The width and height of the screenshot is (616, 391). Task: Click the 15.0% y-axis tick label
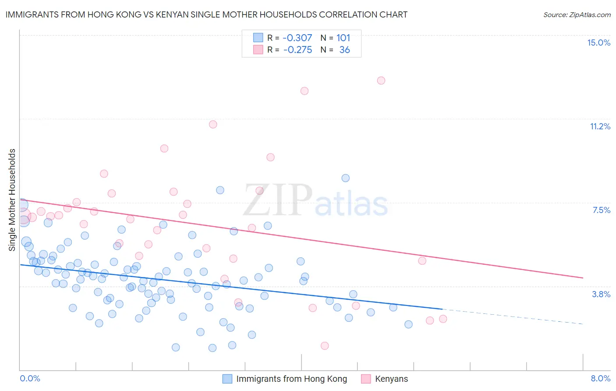click(x=598, y=43)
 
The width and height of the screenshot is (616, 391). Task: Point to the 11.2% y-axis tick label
click(x=600, y=126)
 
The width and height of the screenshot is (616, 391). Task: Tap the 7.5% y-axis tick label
click(x=601, y=210)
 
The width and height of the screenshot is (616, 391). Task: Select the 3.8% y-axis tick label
click(x=601, y=294)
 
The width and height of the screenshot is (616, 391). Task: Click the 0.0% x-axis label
click(x=30, y=378)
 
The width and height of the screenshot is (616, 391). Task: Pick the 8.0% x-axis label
click(x=600, y=378)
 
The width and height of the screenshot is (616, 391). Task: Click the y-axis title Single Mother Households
click(x=12, y=200)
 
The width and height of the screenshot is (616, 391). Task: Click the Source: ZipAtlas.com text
click(x=577, y=14)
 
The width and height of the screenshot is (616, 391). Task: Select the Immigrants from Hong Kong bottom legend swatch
click(x=227, y=379)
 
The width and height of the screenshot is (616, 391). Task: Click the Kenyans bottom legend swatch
click(x=366, y=379)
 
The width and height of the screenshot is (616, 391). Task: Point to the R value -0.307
click(x=297, y=38)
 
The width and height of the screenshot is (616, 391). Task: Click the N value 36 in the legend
click(x=344, y=50)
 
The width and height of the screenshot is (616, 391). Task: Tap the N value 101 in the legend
click(x=343, y=38)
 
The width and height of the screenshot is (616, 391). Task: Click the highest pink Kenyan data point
click(x=381, y=81)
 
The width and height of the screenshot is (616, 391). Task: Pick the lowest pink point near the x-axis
click(x=325, y=346)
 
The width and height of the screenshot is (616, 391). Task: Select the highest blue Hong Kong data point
click(x=346, y=178)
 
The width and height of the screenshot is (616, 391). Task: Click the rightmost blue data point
click(x=408, y=324)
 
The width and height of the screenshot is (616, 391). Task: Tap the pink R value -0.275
click(x=297, y=50)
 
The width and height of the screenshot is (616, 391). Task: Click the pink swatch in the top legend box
click(x=258, y=50)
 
